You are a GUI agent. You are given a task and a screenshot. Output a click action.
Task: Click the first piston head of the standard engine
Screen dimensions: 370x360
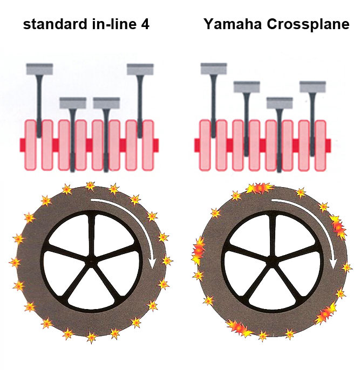pos(39,69)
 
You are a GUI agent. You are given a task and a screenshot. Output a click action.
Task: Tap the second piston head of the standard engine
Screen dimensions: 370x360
pos(73,102)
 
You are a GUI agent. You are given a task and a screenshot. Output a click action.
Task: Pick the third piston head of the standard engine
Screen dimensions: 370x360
pos(106,102)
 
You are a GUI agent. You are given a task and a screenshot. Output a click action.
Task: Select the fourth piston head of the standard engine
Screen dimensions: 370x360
pos(140,69)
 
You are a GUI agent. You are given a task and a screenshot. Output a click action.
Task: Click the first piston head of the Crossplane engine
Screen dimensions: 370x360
pos(214,68)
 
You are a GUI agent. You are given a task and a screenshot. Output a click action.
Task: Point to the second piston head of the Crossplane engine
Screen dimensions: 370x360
pos(247,86)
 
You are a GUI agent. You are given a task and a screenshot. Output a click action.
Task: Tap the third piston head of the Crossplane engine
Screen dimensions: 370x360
pos(280,102)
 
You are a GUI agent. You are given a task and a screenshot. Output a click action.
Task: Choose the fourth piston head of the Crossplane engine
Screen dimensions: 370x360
pos(313,86)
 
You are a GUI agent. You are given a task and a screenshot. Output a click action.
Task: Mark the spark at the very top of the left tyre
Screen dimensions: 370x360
pos(90,186)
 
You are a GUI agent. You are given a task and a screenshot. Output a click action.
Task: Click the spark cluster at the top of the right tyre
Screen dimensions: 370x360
pos(259,188)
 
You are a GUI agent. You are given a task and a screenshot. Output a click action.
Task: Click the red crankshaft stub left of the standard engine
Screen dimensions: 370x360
pos(23,145)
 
